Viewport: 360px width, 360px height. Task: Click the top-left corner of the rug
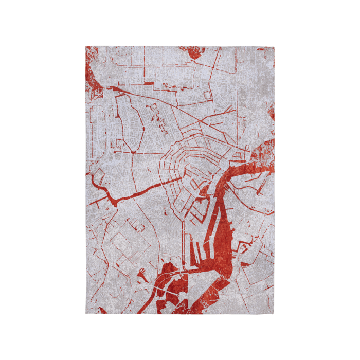(85, 46)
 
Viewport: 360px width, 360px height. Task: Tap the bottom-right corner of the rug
(274, 314)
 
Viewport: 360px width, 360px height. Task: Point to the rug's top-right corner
(274, 46)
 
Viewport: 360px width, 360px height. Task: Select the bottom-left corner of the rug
(85, 314)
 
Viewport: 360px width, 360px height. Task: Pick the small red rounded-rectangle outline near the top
(208, 95)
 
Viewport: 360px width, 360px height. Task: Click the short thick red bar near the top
(149, 82)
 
